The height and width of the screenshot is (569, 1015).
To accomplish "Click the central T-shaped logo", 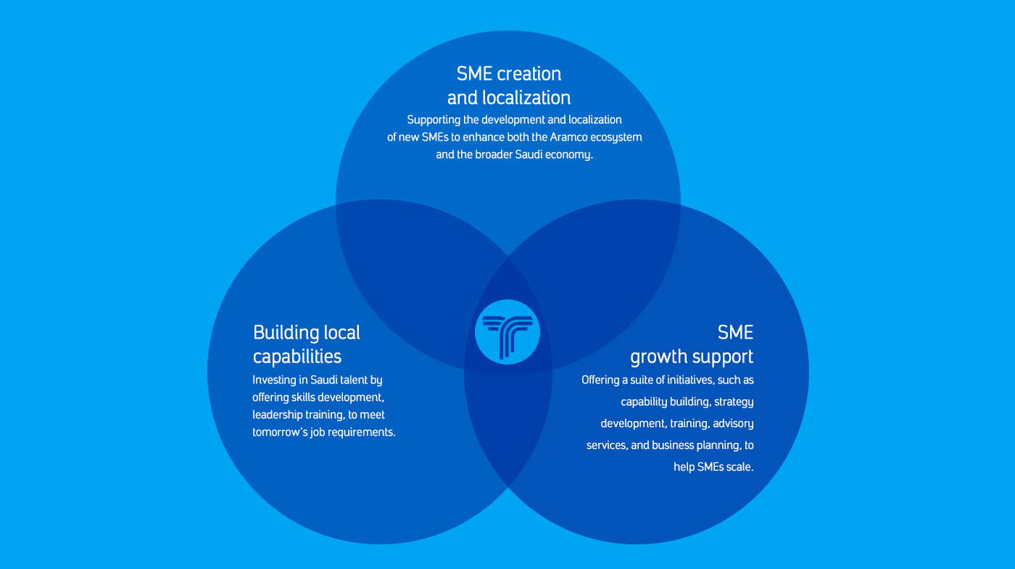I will pyautogui.click(x=507, y=331).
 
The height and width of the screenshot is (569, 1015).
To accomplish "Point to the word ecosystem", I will pyautogui.click(x=617, y=137).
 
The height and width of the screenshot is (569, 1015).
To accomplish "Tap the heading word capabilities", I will pyautogui.click(x=297, y=357).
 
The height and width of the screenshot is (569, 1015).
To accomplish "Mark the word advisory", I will pyautogui.click(x=732, y=423).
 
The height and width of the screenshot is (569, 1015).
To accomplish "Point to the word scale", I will pyautogui.click(x=739, y=467).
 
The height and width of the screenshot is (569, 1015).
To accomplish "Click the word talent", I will pyautogui.click(x=350, y=380).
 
